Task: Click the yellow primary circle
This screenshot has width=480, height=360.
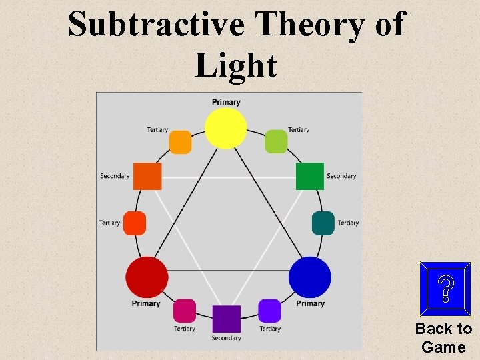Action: (226, 129)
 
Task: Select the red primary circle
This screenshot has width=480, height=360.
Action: (147, 277)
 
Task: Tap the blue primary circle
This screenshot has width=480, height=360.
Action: (310, 277)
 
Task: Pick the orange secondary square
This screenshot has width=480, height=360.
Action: (147, 176)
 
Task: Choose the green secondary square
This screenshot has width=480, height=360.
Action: (309, 176)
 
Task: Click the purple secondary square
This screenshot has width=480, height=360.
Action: (226, 319)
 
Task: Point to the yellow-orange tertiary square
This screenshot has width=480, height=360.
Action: (180, 142)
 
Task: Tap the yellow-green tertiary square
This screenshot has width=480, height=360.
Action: (276, 141)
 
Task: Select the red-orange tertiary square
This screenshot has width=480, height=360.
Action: (135, 223)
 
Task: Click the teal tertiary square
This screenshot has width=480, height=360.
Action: (323, 223)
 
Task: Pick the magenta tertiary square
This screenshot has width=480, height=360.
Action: (185, 311)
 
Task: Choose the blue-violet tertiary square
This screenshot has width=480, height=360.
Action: (270, 311)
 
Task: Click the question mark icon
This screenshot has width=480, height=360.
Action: (445, 289)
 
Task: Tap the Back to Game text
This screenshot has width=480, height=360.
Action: (443, 337)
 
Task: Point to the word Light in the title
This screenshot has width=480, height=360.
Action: (236, 65)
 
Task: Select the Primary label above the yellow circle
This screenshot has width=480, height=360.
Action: (226, 102)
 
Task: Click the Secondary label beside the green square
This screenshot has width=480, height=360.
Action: (341, 176)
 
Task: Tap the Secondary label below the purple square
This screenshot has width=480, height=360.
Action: (226, 338)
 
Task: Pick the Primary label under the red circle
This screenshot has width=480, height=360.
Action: (146, 303)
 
